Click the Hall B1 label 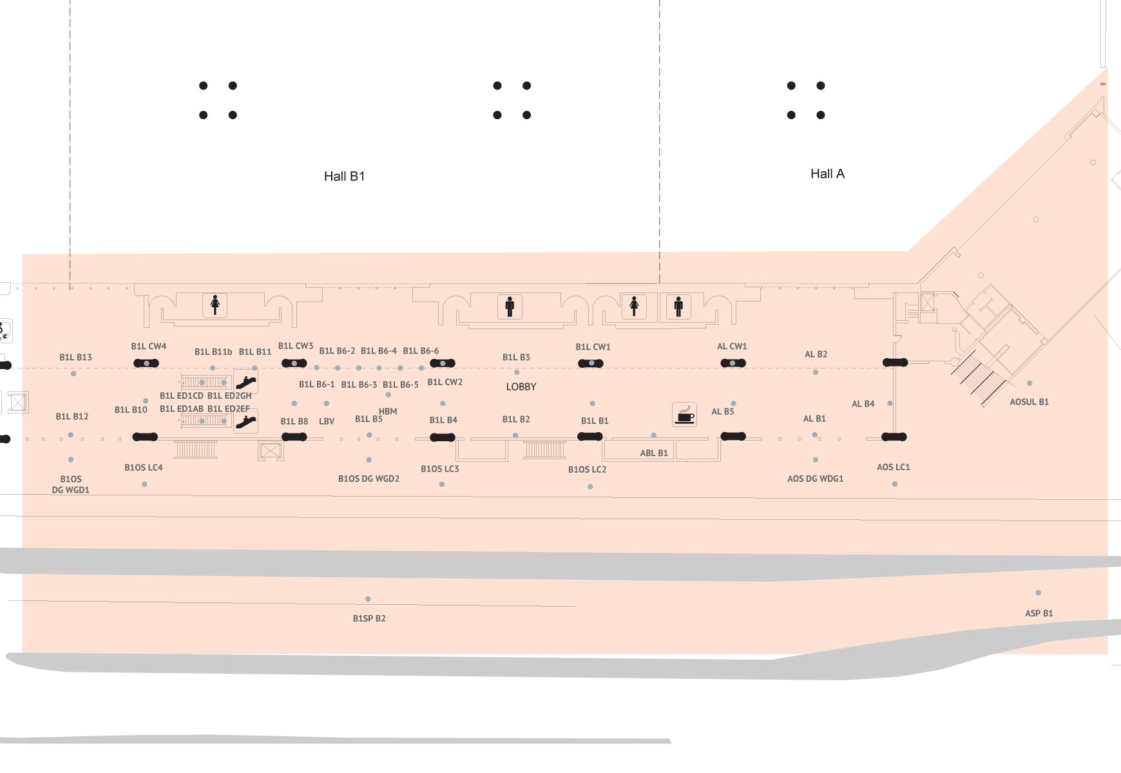point(344,177)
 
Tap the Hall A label point(827,174)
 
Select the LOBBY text point(521,386)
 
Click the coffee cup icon point(684,414)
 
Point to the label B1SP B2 point(369,618)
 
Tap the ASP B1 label point(1039,613)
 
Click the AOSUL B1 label point(1029,402)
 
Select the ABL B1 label point(653,453)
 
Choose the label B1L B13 point(75,358)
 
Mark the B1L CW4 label point(149,347)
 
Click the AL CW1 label point(732,347)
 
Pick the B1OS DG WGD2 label point(369,479)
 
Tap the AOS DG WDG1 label point(815,479)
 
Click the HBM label point(388,411)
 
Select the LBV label point(327,421)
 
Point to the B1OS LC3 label point(439,469)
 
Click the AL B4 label point(863,404)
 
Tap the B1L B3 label point(516,358)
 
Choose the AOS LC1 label point(893,467)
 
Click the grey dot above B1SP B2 point(368,599)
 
